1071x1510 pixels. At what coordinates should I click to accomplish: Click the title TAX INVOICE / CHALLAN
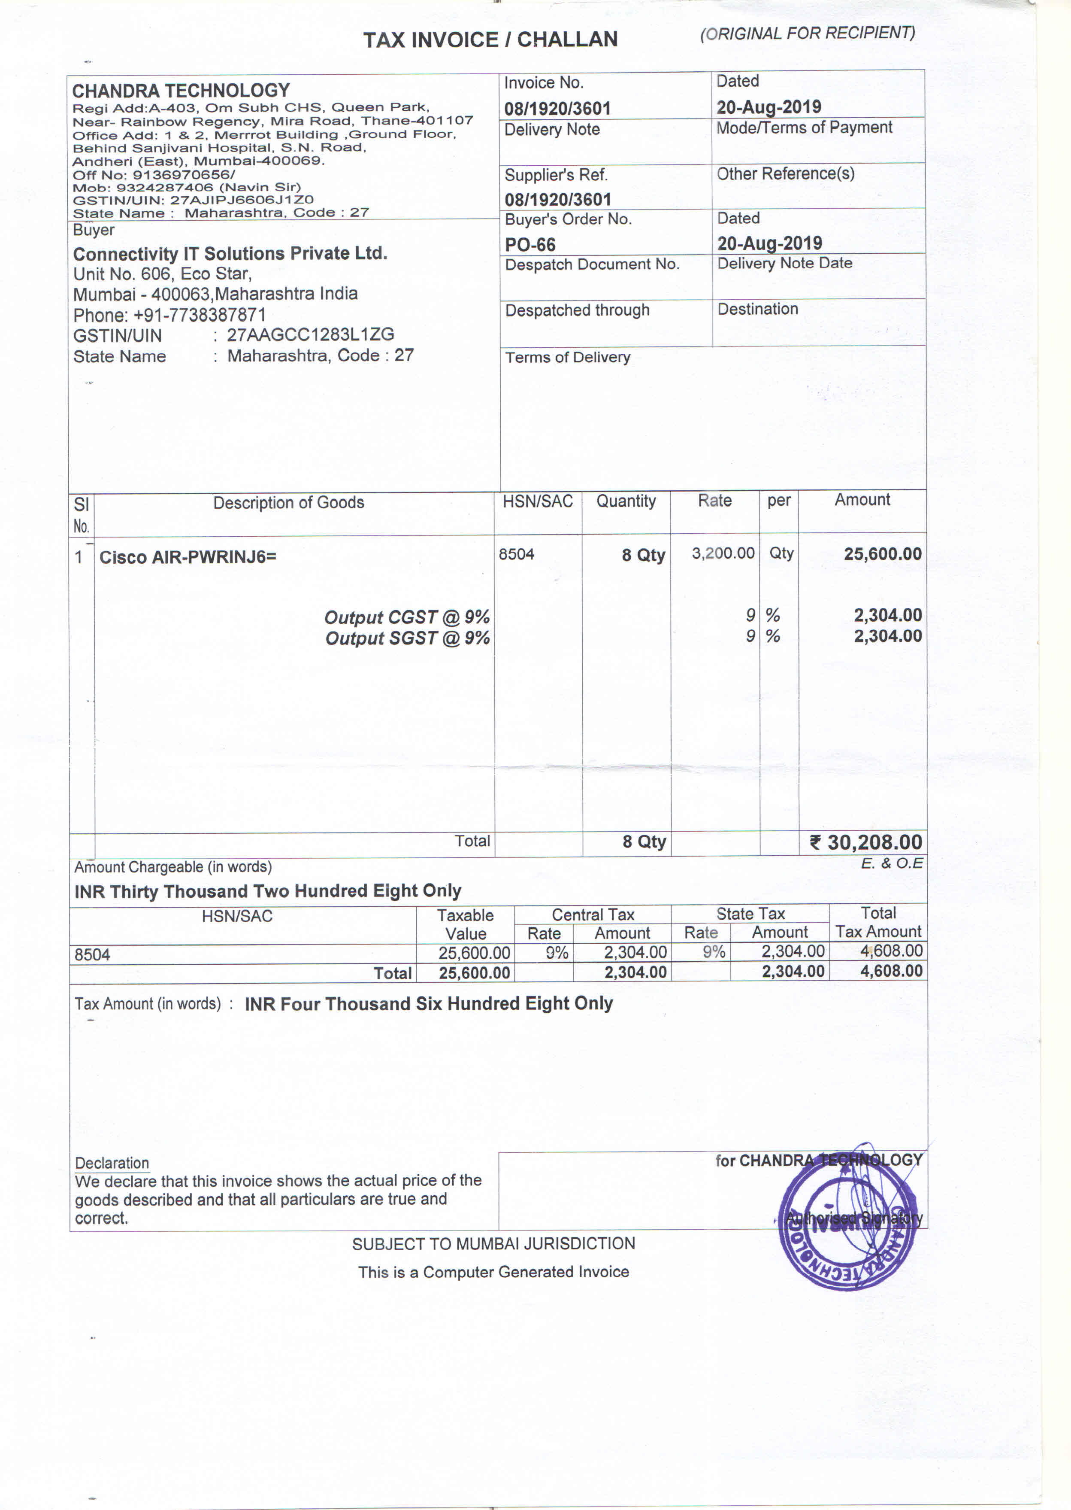coord(490,39)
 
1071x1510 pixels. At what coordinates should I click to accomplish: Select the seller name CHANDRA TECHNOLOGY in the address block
coord(181,90)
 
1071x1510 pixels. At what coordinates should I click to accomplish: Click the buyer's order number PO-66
coord(530,245)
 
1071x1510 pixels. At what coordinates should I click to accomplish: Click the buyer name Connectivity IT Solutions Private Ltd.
coord(230,253)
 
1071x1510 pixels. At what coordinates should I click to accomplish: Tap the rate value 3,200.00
coord(723,553)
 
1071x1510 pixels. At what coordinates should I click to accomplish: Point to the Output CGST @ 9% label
coord(406,617)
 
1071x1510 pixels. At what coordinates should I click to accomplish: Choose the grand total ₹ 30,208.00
coord(866,842)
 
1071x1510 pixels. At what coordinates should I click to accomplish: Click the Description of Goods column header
coord(288,503)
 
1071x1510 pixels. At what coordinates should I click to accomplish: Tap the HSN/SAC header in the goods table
coord(538,501)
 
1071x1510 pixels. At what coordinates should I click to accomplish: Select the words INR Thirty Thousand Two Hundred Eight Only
coord(268,891)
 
